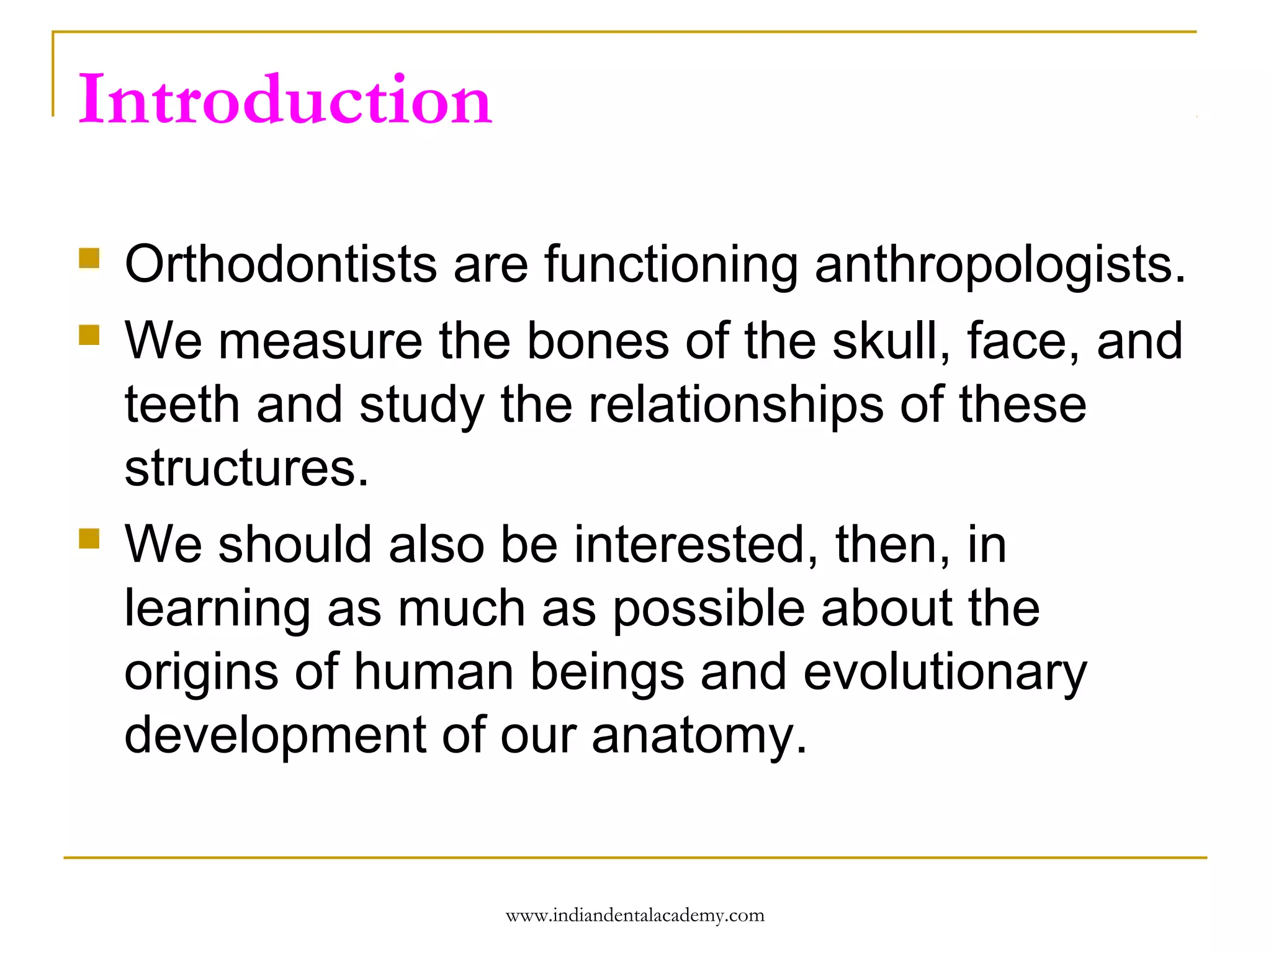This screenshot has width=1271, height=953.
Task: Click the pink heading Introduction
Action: tap(285, 99)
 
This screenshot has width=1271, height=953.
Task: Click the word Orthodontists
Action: tap(281, 265)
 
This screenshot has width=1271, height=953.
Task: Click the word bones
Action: tap(598, 341)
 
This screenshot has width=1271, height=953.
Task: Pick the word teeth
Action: tap(182, 405)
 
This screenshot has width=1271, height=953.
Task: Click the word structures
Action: tap(246, 468)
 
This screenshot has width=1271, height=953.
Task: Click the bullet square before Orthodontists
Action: tap(89, 258)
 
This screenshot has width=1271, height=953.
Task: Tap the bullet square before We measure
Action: tap(89, 335)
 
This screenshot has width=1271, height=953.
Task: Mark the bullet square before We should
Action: tap(89, 539)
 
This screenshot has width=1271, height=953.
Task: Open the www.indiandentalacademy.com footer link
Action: tap(635, 916)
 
